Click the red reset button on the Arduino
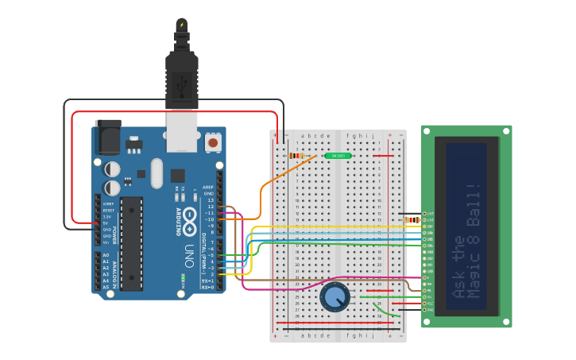213,142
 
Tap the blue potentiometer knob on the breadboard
334,297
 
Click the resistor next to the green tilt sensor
296,156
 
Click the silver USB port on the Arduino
182,130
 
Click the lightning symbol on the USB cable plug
182,25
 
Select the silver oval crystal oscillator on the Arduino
156,172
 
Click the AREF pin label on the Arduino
209,187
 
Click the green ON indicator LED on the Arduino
184,278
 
